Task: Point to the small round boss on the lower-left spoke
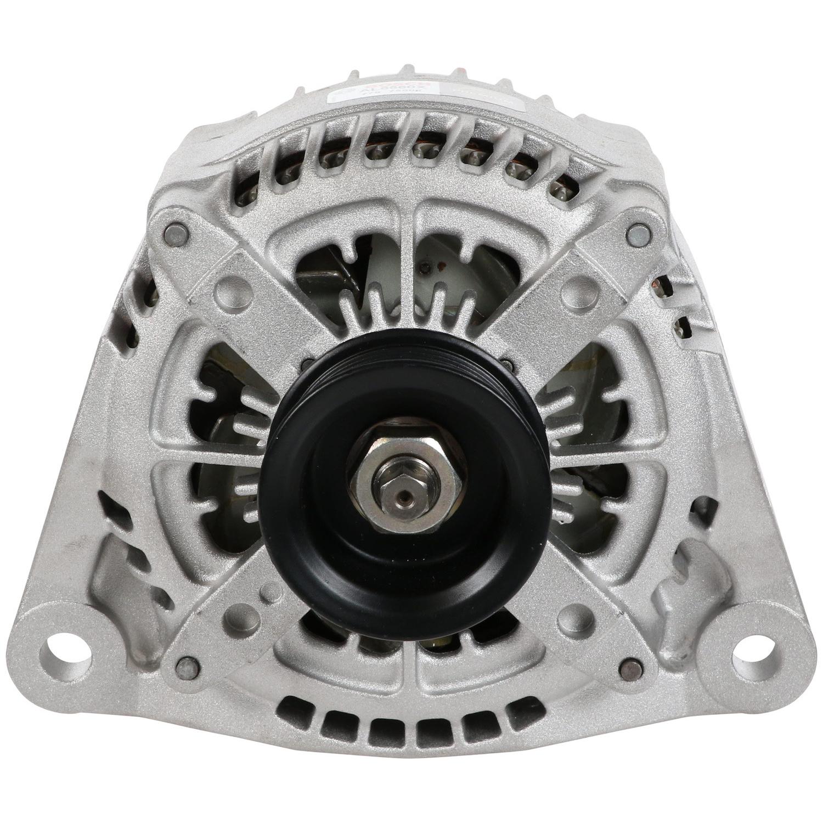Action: (x=268, y=595)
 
